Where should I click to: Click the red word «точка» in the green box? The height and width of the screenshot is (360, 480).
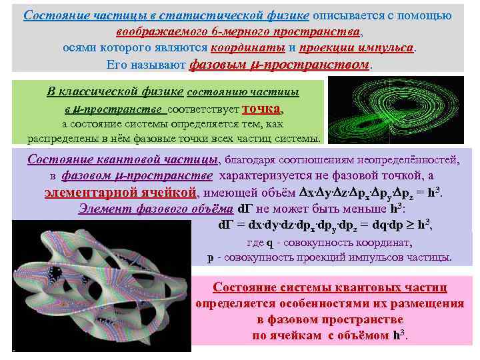point(262,109)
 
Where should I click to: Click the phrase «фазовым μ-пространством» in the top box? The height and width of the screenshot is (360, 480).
point(279,65)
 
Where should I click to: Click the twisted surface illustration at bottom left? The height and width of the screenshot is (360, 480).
point(100,287)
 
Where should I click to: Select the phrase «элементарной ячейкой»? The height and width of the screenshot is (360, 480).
point(121,193)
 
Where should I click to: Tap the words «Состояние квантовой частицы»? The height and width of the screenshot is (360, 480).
point(123,160)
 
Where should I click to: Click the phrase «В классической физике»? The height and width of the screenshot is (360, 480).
point(116,92)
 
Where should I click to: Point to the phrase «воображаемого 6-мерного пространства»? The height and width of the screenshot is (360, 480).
point(238,31)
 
